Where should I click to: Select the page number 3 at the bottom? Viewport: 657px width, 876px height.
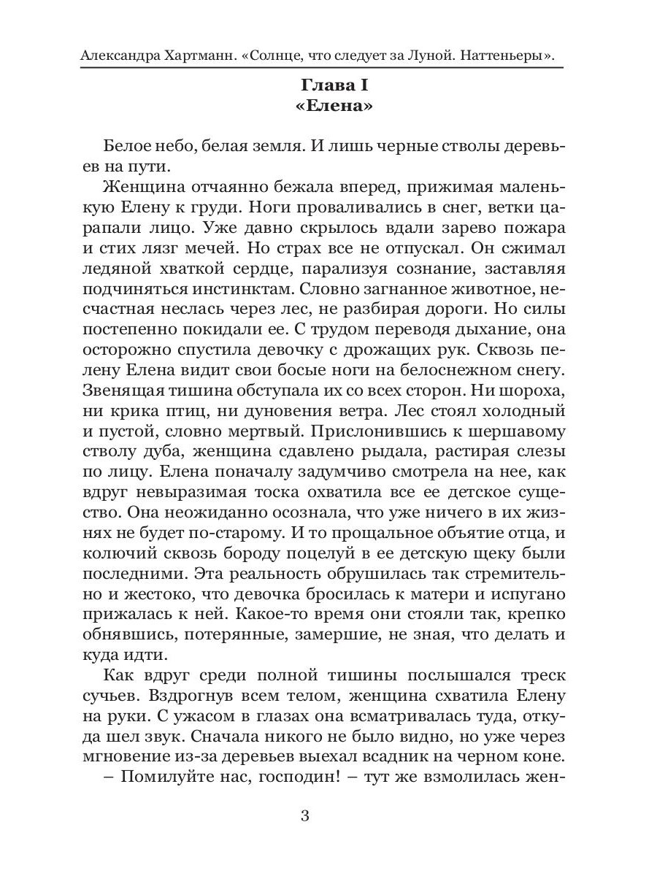pos(305,815)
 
